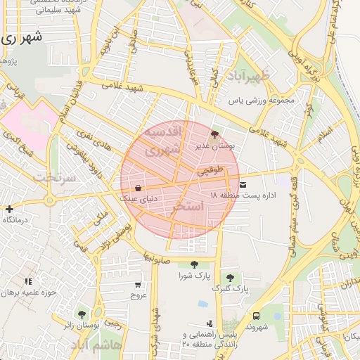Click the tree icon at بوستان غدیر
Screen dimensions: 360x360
[214, 133]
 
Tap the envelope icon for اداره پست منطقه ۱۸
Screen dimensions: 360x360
[243, 184]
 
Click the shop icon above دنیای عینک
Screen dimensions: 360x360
[137, 188]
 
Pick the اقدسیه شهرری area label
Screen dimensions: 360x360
[162, 141]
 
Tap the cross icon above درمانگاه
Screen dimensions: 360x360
[8, 209]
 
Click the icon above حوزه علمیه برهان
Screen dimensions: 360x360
[28, 281]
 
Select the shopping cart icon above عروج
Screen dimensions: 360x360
[137, 285]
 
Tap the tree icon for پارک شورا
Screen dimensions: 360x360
[194, 264]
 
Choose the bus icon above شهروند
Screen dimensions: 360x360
[255, 316]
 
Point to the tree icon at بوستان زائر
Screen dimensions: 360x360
[82, 314]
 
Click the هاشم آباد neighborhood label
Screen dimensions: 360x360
[101, 346]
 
